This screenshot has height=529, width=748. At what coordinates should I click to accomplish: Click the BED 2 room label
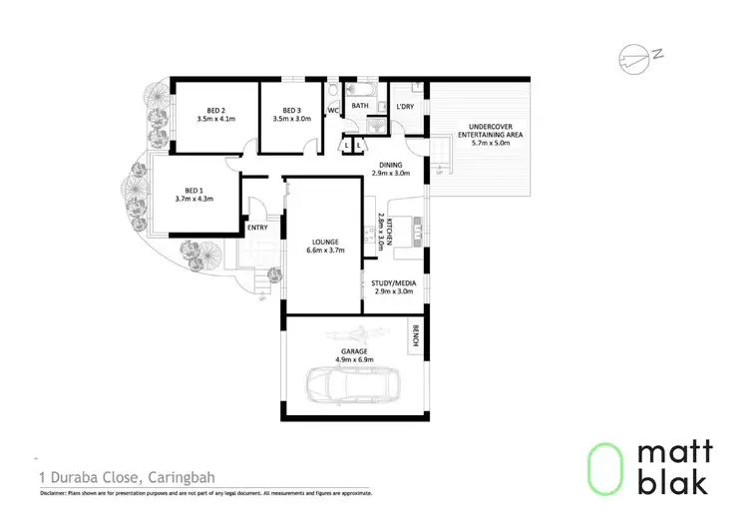pyautogui.click(x=215, y=110)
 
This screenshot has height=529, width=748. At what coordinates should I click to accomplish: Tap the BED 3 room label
pyautogui.click(x=291, y=110)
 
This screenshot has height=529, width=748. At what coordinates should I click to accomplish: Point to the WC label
pyautogui.click(x=333, y=111)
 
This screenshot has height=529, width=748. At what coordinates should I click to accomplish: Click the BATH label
pyautogui.click(x=360, y=105)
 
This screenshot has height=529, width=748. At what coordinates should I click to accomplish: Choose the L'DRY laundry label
pyautogui.click(x=404, y=106)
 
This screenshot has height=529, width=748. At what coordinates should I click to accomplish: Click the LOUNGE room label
pyautogui.click(x=324, y=243)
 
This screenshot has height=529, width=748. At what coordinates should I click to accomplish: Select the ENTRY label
pyautogui.click(x=257, y=228)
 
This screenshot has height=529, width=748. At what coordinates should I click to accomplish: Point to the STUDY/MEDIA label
pyautogui.click(x=393, y=282)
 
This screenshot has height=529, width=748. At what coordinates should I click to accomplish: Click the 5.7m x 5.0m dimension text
pyautogui.click(x=490, y=143)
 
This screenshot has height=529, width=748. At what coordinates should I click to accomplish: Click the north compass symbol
pyautogui.click(x=634, y=56)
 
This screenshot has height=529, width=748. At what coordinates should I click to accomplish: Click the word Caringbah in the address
pyautogui.click(x=182, y=477)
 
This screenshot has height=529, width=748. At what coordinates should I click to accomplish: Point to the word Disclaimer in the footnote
pyautogui.click(x=58, y=493)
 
